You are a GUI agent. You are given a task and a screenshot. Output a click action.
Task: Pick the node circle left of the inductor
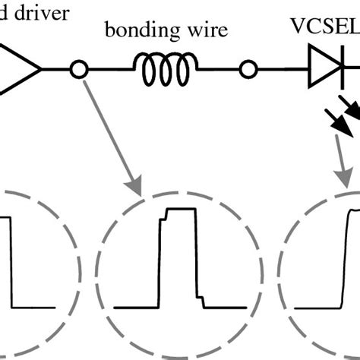[76, 71]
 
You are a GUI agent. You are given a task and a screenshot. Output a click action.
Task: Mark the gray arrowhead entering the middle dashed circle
[134, 185]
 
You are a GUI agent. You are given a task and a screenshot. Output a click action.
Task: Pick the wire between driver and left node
[56, 71]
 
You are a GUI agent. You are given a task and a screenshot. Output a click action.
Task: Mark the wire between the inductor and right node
[220, 71]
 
